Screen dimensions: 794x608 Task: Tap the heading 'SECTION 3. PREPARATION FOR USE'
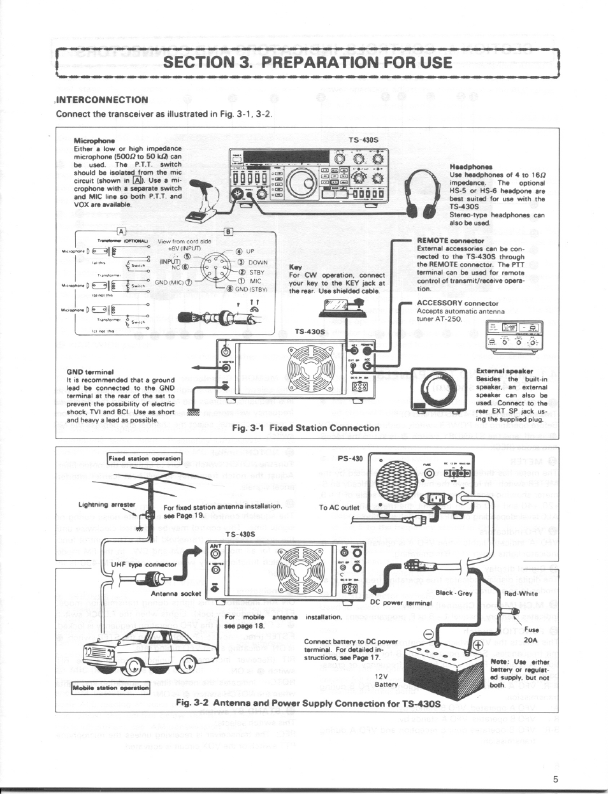[x=307, y=62]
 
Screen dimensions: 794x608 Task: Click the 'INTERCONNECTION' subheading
[x=103, y=99]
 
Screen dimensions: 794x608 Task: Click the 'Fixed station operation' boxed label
[x=145, y=458]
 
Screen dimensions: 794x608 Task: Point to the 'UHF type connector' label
[x=134, y=564]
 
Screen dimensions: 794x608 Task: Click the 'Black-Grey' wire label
[x=454, y=593]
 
